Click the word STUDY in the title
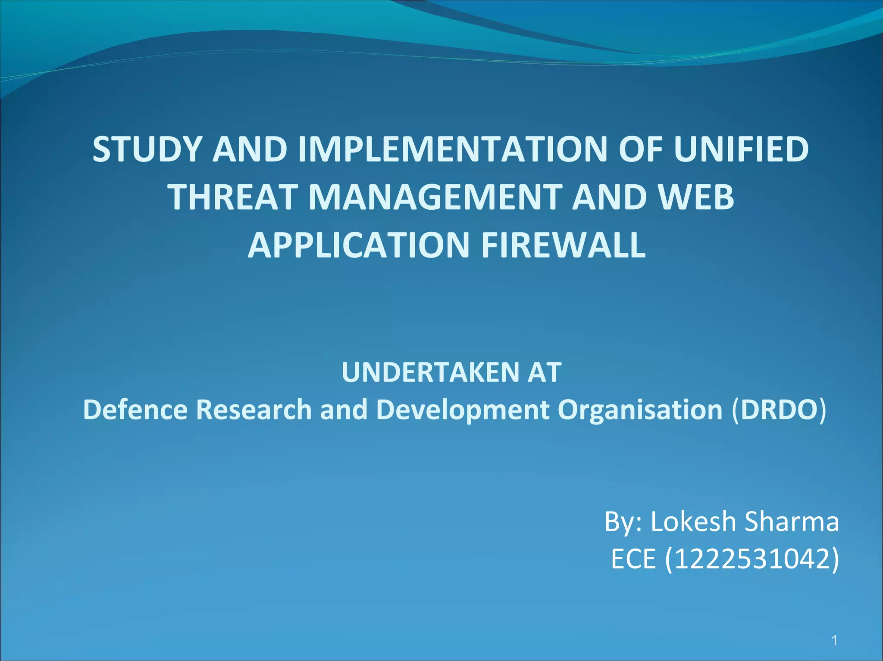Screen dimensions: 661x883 147,149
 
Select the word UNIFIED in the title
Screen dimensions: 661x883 741,149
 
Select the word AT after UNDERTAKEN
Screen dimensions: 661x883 544,372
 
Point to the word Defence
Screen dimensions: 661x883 135,410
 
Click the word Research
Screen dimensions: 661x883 254,410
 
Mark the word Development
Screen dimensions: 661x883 463,410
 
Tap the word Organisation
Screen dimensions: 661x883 640,410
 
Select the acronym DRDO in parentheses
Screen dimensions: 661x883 779,410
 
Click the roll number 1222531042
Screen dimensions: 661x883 752,559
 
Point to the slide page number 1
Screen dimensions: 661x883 835,640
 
